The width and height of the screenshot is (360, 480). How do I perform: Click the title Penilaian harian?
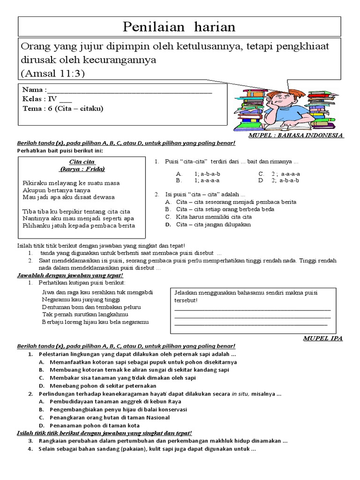[179, 27]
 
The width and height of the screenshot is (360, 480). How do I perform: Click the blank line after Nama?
[129, 90]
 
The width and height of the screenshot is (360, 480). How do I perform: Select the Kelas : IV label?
[40, 99]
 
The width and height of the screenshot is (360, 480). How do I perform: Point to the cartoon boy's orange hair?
[280, 92]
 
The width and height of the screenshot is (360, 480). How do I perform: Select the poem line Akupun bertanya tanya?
[56, 190]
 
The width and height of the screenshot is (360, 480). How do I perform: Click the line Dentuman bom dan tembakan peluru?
[91, 307]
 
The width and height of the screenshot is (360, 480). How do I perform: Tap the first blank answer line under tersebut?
[252, 309]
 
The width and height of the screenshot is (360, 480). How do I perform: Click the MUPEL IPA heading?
[322, 338]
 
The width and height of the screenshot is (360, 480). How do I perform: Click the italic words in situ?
[240, 394]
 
